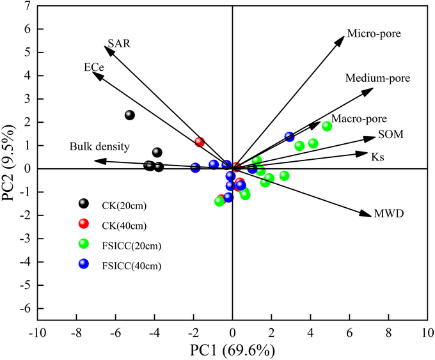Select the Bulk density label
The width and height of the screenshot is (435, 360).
pyautogui.click(x=100, y=147)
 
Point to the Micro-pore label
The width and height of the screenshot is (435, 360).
pyautogui.click(x=374, y=33)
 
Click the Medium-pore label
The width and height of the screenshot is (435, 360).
pyautogui.click(x=377, y=79)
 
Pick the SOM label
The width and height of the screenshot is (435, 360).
pyautogui.click(x=391, y=134)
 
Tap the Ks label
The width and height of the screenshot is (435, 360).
pyautogui.click(x=378, y=155)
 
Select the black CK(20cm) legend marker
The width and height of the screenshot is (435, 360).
pyautogui.click(x=83, y=204)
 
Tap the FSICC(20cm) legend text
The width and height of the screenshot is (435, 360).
pyautogui.click(x=127, y=244)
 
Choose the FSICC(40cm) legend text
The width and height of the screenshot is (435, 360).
pyautogui.click(x=127, y=264)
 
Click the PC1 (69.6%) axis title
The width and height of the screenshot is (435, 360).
pyautogui.click(x=232, y=350)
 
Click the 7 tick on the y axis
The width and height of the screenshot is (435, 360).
pyautogui.click(x=26, y=6)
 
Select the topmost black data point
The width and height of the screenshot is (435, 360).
pyautogui.click(x=130, y=115)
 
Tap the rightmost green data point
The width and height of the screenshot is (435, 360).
pyautogui.click(x=327, y=126)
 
